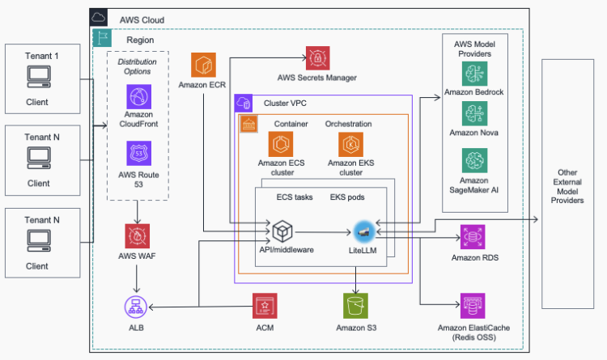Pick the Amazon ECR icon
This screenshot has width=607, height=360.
click(x=204, y=66)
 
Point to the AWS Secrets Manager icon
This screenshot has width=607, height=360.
click(x=317, y=59)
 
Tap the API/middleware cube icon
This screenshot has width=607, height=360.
click(x=282, y=230)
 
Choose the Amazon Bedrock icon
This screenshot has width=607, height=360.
click(x=474, y=74)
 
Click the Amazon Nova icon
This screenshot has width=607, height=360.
click(x=474, y=112)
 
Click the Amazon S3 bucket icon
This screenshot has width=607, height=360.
click(x=355, y=306)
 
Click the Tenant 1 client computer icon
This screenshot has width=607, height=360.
click(x=37, y=78)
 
